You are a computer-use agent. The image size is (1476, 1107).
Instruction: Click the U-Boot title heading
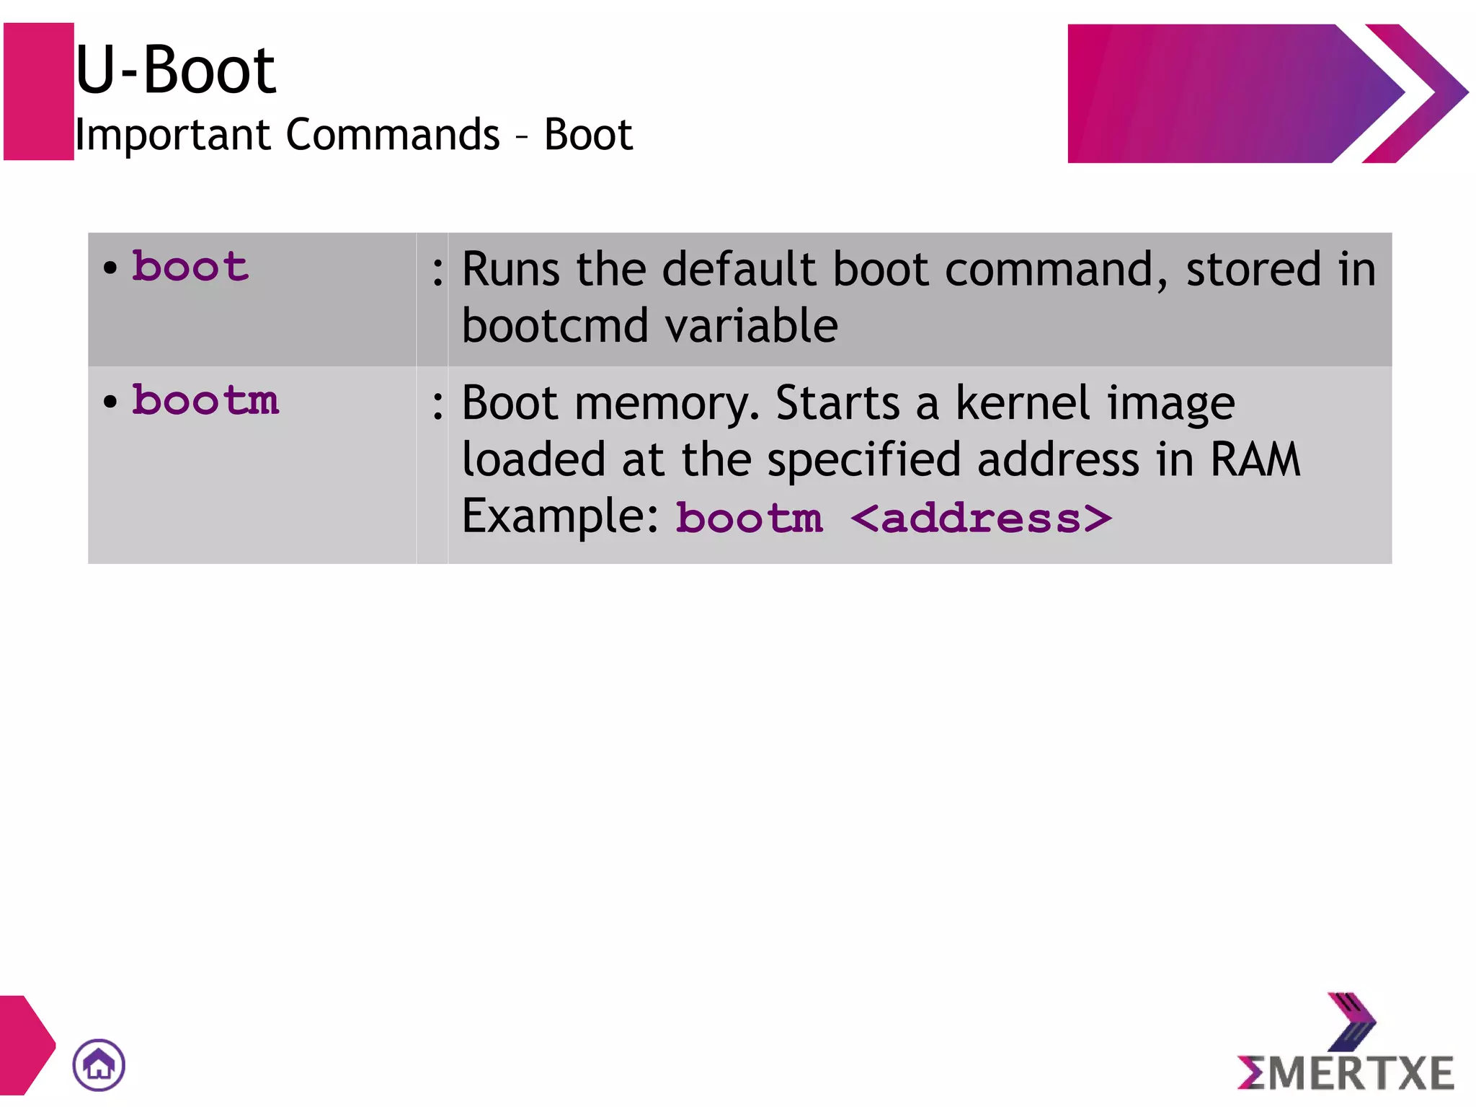coord(175,70)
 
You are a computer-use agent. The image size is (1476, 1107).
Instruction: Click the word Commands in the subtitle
coord(393,135)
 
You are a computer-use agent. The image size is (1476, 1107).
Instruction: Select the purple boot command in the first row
coord(190,267)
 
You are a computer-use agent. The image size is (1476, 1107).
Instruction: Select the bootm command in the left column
coord(205,400)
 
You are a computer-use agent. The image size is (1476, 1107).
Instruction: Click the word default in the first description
coord(739,270)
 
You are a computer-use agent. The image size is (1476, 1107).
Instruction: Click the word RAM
coord(1255,459)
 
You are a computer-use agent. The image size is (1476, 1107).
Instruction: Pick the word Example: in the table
coord(560,516)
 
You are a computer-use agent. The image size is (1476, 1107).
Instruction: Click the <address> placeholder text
coord(981,519)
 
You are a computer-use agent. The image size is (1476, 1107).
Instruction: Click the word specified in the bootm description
coord(863,461)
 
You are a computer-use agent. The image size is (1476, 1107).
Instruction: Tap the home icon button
coord(99,1064)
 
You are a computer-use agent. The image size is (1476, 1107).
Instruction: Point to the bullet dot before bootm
coord(110,402)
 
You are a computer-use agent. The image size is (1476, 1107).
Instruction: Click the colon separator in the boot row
coord(437,271)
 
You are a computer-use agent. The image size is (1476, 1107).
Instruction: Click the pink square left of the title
coord(39,92)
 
